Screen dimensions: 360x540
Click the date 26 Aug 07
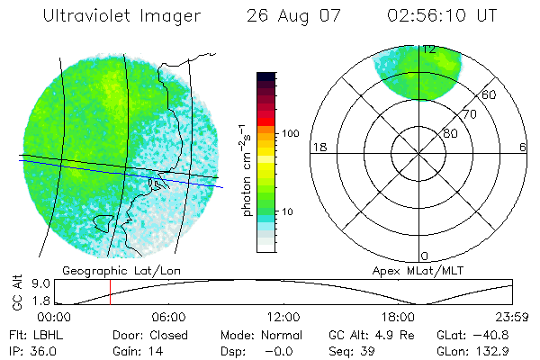coord(290,16)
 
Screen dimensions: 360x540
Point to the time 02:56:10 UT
coord(442,16)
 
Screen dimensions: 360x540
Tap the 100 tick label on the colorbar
coord(291,133)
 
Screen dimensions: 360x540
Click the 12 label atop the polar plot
coord(429,50)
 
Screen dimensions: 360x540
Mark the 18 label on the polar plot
coord(318,148)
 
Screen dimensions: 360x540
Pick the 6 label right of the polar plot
coord(523,148)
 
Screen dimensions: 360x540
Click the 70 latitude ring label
coord(467,115)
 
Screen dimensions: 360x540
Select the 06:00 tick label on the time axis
coord(168,317)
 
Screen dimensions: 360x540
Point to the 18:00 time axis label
coord(398,317)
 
